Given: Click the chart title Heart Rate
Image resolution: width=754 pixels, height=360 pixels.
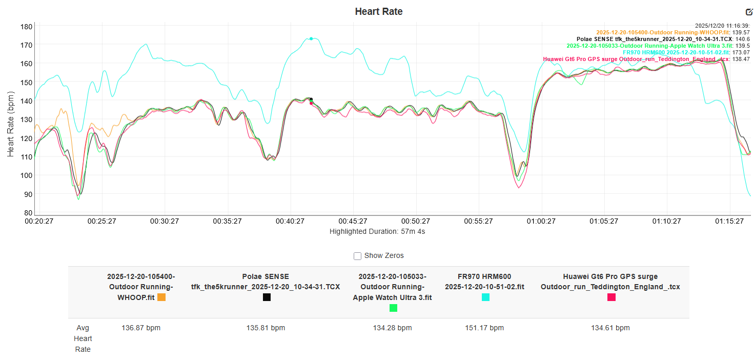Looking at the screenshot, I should [x=378, y=11].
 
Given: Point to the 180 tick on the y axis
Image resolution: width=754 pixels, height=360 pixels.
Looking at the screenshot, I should [x=27, y=26].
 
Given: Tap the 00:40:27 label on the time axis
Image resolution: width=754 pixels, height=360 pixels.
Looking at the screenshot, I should [x=290, y=221].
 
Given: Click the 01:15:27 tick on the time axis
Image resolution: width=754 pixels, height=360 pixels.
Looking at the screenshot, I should [x=729, y=221].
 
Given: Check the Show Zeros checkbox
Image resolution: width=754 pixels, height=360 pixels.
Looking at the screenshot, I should [x=358, y=256].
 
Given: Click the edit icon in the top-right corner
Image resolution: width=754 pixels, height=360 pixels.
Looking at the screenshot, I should [x=749, y=12].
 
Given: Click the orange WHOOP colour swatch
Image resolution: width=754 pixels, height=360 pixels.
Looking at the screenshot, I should [x=161, y=297].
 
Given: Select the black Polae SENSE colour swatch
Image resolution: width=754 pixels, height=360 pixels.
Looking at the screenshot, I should [x=267, y=297].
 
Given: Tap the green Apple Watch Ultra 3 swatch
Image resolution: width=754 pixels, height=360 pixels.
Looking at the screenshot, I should [x=393, y=308].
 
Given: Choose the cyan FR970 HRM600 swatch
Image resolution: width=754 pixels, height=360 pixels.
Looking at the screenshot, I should [x=485, y=297].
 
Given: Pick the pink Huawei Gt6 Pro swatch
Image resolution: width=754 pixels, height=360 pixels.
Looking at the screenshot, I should [x=611, y=297].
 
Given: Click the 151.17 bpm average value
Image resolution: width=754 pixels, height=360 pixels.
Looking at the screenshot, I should [x=485, y=328].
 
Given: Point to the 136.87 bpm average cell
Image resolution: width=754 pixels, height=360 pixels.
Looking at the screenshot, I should [x=141, y=328].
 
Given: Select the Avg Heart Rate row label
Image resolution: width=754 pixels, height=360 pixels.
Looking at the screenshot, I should [x=83, y=338].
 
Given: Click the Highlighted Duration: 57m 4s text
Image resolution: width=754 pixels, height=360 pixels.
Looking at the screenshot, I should [x=377, y=231].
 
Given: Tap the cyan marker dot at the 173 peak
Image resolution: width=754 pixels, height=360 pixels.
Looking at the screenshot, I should [x=311, y=38].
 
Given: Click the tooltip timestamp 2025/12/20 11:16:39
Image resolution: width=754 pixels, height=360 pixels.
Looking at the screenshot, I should [x=722, y=25].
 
